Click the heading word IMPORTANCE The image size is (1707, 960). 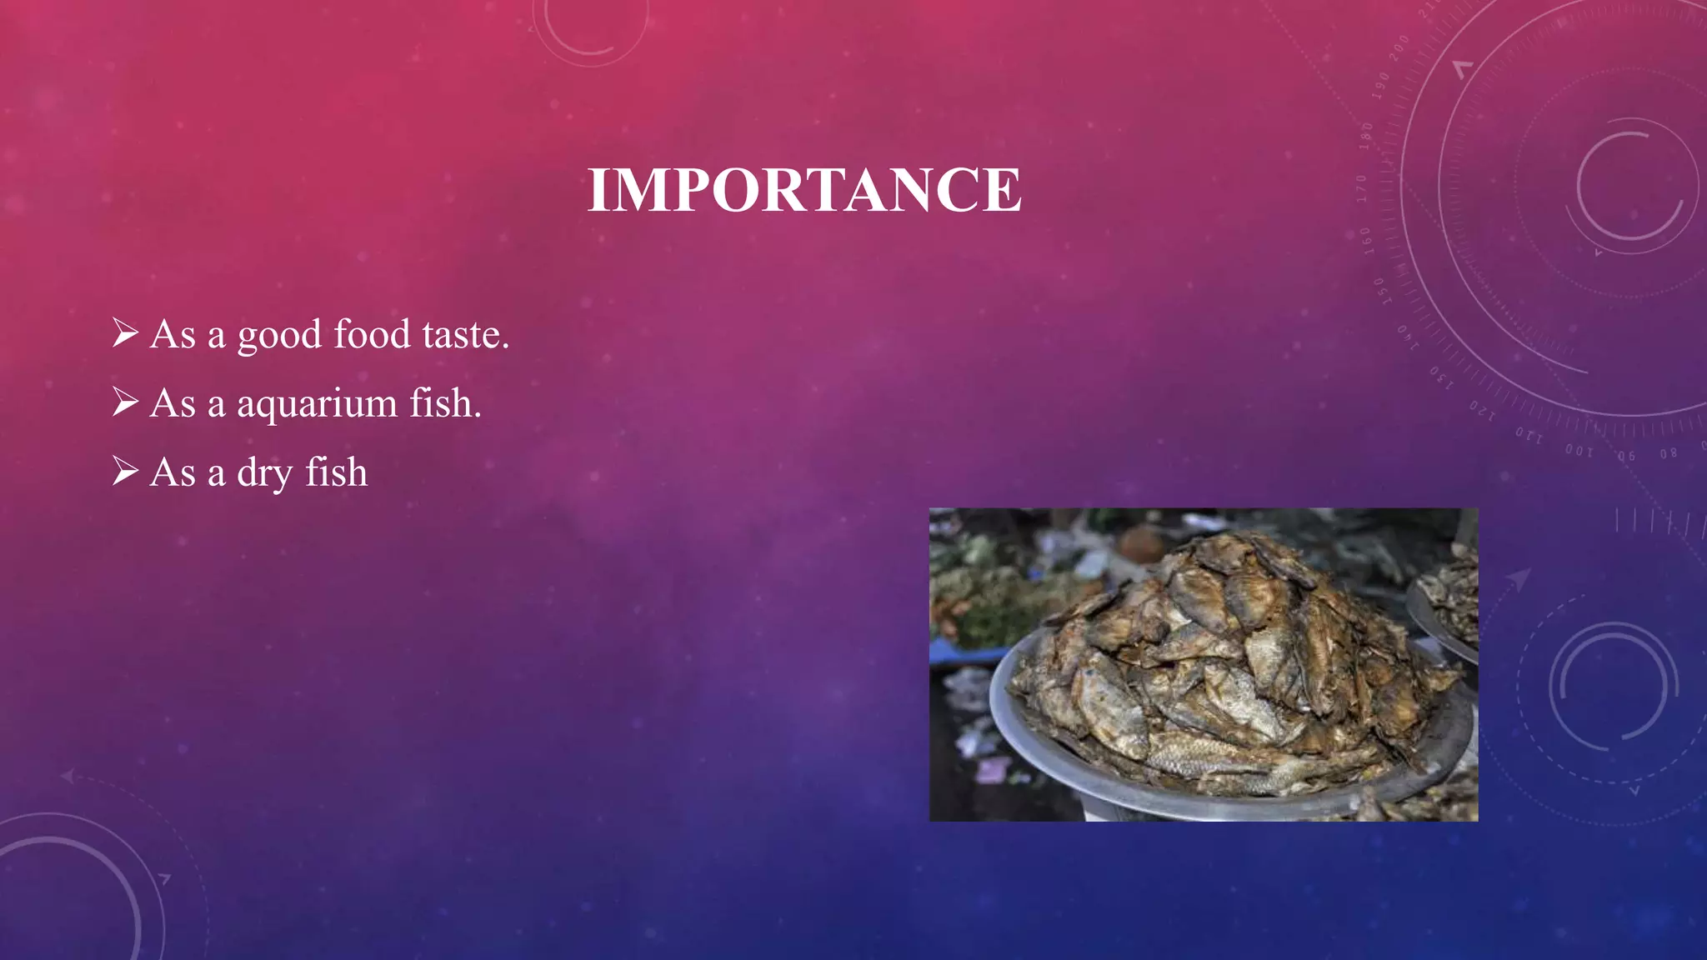(x=804, y=190)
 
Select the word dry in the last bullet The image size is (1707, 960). (x=264, y=473)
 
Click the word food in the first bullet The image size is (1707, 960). (x=372, y=334)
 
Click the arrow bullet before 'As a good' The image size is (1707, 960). (x=125, y=333)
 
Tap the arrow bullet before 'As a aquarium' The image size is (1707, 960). (x=125, y=402)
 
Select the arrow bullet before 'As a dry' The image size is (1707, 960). (x=125, y=472)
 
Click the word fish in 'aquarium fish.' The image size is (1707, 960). (x=445, y=403)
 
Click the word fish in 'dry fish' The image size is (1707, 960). (x=336, y=472)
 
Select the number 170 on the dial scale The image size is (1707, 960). (x=1362, y=188)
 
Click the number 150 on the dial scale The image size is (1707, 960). (x=1380, y=291)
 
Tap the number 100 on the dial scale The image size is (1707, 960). (x=1579, y=451)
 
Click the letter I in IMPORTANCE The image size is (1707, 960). (x=598, y=190)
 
